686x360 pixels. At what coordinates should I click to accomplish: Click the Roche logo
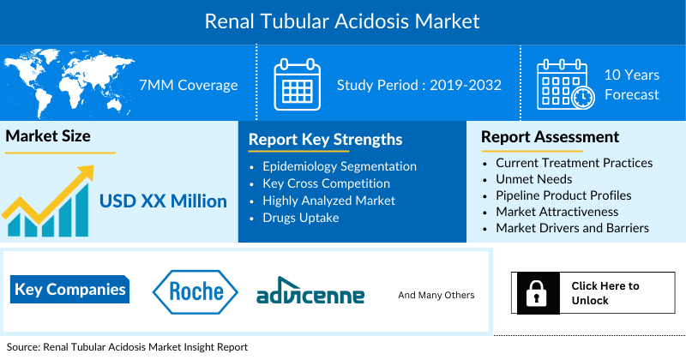(196, 291)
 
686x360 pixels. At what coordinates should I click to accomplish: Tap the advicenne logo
(310, 291)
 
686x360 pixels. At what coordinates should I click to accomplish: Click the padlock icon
(537, 293)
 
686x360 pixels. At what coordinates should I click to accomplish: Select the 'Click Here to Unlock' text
(605, 293)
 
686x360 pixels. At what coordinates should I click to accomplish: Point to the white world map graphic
(68, 82)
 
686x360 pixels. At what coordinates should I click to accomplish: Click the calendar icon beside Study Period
(297, 84)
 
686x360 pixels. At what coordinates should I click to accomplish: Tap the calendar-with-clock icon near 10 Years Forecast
(566, 84)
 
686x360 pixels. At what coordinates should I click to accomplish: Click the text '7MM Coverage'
(189, 85)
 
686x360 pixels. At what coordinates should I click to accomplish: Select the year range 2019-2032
(466, 85)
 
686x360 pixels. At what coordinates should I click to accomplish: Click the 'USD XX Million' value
(163, 201)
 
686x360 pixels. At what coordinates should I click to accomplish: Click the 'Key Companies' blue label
(70, 289)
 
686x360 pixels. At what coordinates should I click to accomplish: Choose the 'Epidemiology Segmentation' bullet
(340, 166)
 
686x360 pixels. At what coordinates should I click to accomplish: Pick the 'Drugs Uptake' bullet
(301, 218)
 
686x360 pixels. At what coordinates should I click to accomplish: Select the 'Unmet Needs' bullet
(533, 179)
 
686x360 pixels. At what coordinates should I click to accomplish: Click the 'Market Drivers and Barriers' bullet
(572, 228)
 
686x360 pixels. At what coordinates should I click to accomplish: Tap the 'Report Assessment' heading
(550, 137)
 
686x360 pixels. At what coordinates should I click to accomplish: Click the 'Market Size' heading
(48, 136)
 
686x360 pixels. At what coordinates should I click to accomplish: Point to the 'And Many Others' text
(436, 295)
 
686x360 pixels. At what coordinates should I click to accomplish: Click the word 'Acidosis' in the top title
(371, 21)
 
